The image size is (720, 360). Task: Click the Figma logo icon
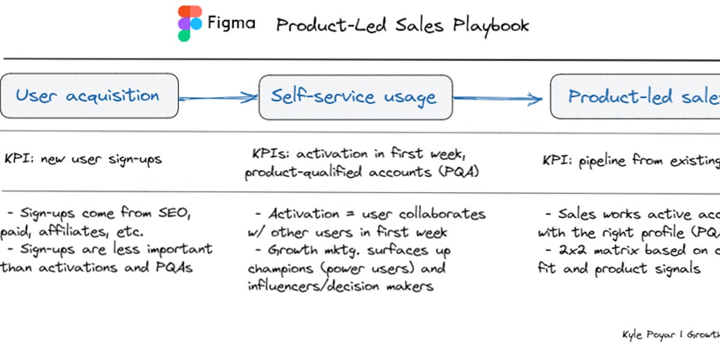(190, 23)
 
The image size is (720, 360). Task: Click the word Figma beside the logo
(231, 23)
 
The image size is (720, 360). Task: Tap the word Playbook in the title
(491, 25)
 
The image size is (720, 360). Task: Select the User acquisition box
(89, 95)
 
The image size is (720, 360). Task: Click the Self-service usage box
(355, 97)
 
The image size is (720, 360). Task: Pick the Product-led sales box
(636, 97)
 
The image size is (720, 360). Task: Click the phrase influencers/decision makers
(340, 286)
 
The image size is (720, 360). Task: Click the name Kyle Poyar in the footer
(649, 334)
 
